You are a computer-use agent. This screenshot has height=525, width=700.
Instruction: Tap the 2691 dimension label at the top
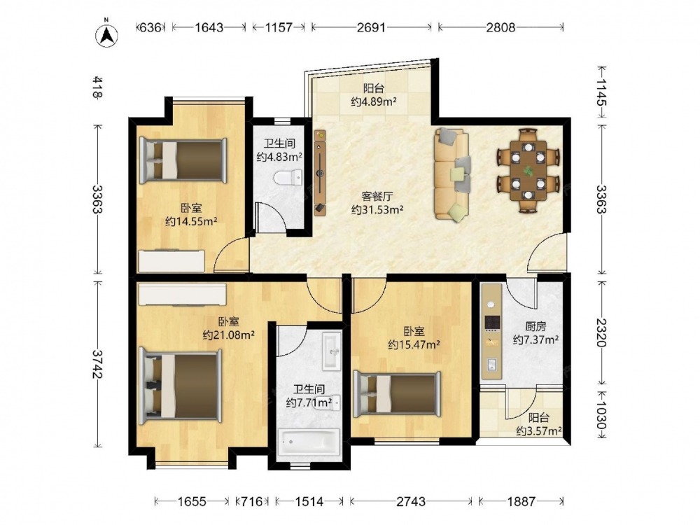pos(371,28)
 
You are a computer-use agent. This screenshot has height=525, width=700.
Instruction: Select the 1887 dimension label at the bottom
pos(521,501)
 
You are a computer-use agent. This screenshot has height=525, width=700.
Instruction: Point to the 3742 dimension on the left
pos(97,363)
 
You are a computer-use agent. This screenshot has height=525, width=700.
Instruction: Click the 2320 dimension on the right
pos(601,332)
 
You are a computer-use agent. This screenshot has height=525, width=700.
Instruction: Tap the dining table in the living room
pos(528,170)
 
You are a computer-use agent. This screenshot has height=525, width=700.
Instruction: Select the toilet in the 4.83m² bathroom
pos(288,178)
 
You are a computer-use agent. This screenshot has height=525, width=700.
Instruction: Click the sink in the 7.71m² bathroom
pos(332,351)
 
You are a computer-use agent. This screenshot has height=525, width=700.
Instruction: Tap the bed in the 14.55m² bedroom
pos(183,161)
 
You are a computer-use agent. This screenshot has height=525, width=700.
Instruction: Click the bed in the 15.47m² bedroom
pos(397,393)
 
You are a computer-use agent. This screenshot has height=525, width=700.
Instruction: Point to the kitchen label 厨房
pos(535,326)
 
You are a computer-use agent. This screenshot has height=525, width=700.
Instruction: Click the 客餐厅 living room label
pos(377,197)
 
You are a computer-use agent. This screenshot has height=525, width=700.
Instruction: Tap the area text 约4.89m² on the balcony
pos(374,101)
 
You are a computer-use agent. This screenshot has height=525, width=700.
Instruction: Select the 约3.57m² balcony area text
pos(539,431)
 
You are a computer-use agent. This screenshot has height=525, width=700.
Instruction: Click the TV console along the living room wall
pos(320,173)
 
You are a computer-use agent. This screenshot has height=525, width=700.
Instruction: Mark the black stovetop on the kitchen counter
pos(492,321)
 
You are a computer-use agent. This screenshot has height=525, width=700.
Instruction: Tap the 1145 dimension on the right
pos(601,92)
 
